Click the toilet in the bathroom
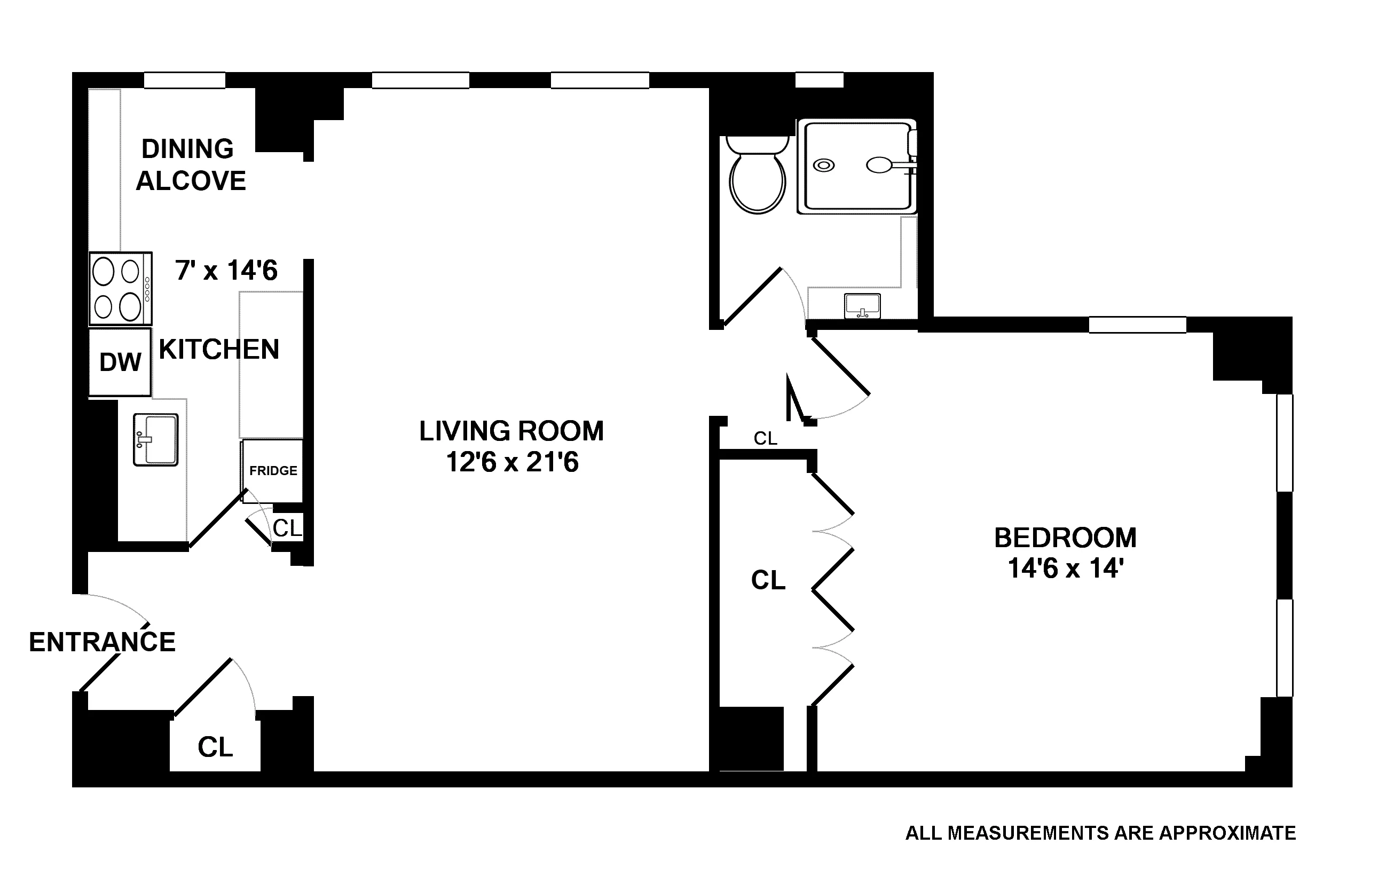click(757, 178)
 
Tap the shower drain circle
click(824, 165)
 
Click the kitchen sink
click(155, 440)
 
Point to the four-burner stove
click(120, 288)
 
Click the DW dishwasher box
click(120, 362)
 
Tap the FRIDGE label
click(273, 471)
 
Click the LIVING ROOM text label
click(511, 431)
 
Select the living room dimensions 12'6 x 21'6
click(511, 462)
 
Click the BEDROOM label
click(1066, 538)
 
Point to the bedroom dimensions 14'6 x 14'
click(1066, 569)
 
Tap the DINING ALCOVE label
click(190, 165)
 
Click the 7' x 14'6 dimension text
click(226, 271)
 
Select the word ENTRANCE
click(102, 642)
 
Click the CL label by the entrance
click(215, 747)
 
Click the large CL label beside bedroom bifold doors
click(768, 580)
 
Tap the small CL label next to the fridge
click(287, 528)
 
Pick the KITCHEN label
click(219, 349)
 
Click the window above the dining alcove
click(184, 80)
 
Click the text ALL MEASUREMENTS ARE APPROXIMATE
click(1100, 833)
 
